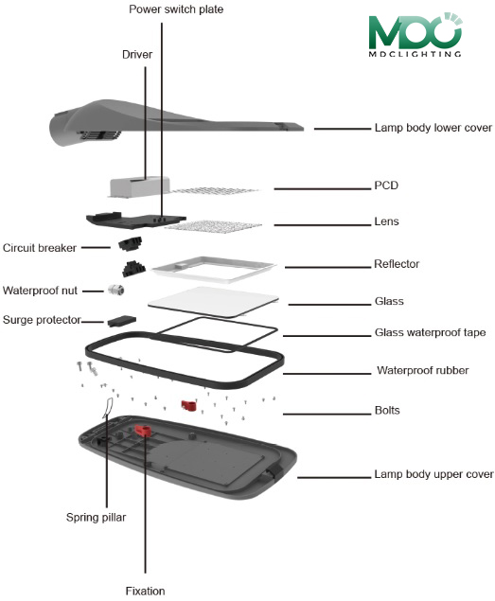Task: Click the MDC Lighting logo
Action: tap(415, 35)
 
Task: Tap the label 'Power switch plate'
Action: tap(176, 9)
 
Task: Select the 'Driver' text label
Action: tap(137, 55)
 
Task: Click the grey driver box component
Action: tap(139, 186)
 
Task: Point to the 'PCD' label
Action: tap(386, 186)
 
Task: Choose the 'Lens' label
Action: tap(386, 221)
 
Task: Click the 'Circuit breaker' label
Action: tap(40, 248)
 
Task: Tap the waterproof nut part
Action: tap(115, 290)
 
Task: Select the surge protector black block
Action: tap(122, 321)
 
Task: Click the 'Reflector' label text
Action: tap(397, 264)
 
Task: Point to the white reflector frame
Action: tap(214, 269)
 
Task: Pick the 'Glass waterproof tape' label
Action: tap(430, 332)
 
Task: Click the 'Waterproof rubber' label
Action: tap(422, 370)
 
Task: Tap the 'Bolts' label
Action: tap(387, 411)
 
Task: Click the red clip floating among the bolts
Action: tap(188, 405)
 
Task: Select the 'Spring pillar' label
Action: tap(96, 518)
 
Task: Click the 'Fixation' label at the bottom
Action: tap(145, 591)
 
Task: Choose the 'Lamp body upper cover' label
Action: tap(433, 474)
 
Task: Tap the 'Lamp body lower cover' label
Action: tap(433, 128)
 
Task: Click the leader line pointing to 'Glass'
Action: tap(329, 305)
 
